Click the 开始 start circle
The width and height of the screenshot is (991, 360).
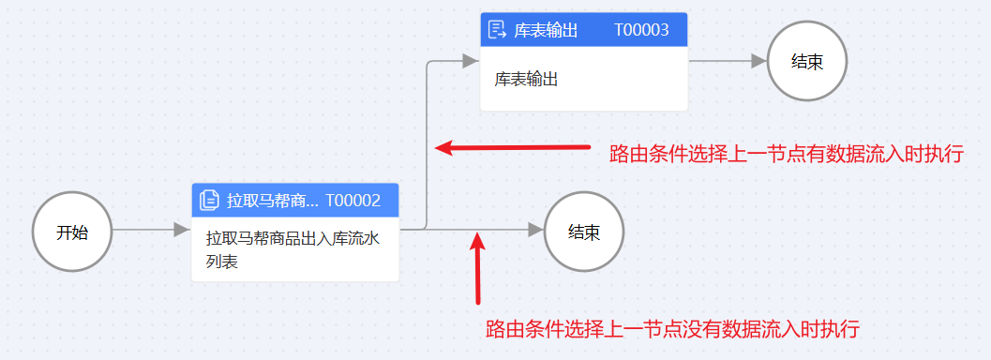click(x=72, y=232)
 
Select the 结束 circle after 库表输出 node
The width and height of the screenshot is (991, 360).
click(x=807, y=61)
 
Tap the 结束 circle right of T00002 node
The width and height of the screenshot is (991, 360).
click(x=584, y=232)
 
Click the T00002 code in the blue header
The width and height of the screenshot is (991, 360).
click(x=353, y=200)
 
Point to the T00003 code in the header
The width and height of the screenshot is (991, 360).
click(x=641, y=30)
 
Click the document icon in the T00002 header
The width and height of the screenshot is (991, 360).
click(x=209, y=200)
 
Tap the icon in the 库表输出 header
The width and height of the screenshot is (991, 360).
click(x=498, y=30)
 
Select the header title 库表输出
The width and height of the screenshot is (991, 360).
click(x=546, y=30)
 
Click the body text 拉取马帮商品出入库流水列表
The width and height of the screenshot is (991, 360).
click(x=293, y=249)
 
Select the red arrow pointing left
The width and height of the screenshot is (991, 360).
click(x=512, y=147)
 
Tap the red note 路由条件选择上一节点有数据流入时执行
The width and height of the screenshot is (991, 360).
click(x=786, y=154)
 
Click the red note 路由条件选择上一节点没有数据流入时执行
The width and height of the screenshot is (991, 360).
click(x=673, y=329)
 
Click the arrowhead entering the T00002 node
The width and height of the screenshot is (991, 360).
click(x=182, y=230)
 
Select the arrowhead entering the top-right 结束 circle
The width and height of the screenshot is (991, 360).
click(x=758, y=61)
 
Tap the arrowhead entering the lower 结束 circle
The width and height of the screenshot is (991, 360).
click(x=535, y=230)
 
